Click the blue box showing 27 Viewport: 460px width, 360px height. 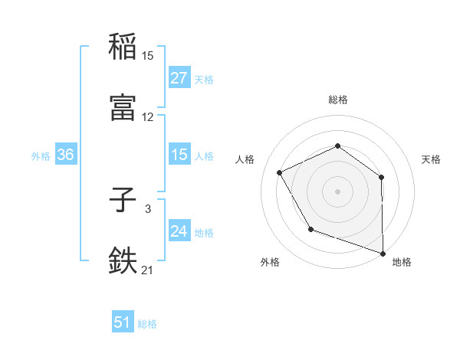[179, 78]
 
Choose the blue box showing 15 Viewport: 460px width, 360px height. [179, 155]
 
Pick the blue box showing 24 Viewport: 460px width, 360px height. [179, 232]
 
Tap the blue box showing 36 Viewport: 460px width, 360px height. [65, 155]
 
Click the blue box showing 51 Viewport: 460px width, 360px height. [123, 323]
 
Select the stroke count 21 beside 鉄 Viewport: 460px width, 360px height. [147, 269]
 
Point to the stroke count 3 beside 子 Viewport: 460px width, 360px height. [147, 208]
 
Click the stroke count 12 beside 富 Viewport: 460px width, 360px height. [147, 116]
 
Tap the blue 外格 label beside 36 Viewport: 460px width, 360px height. [41, 156]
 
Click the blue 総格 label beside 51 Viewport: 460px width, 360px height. [147, 324]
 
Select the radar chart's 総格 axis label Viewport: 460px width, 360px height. [337, 100]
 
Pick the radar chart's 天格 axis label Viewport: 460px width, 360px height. [431, 159]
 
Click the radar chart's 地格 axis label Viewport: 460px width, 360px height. [402, 262]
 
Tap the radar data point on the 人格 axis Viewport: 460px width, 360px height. [280, 172]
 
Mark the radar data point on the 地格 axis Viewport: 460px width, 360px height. [383, 252]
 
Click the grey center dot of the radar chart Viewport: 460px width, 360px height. [337, 191]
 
